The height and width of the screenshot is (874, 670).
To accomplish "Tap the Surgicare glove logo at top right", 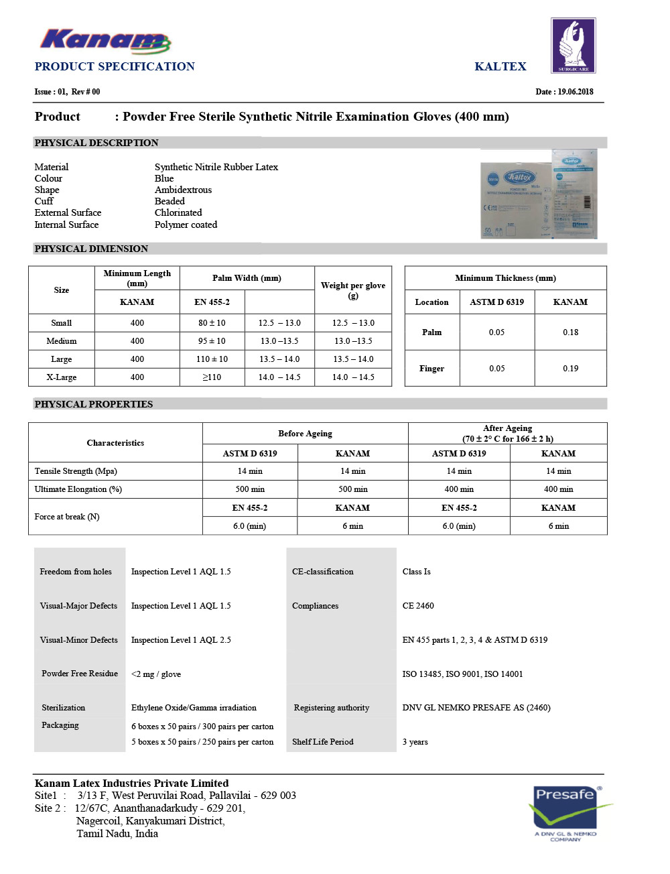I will [x=573, y=46].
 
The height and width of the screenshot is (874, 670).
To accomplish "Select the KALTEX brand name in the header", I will [x=500, y=66].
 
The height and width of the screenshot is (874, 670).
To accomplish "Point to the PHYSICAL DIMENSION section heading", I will [x=91, y=249].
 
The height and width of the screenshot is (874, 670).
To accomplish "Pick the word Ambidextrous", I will [x=183, y=190].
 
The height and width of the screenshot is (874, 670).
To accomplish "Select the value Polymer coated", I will [x=186, y=225].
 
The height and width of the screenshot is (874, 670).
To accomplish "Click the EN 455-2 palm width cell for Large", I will [x=212, y=359].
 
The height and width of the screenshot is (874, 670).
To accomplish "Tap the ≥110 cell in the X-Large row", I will [x=212, y=377].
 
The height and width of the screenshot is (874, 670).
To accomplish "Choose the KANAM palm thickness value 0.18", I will [x=570, y=332].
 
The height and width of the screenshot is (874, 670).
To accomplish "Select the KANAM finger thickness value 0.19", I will [x=570, y=369].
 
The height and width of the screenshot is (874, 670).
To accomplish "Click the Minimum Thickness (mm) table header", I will [x=505, y=278].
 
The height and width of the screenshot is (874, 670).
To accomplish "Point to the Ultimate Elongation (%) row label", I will [x=78, y=489].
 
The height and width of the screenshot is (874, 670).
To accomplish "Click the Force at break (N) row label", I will [x=67, y=517].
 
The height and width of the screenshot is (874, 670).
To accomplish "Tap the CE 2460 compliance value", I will [x=418, y=606].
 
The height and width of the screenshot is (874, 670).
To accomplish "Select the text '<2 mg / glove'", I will [x=156, y=674].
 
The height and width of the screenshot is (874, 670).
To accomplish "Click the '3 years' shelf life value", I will [x=415, y=742].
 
